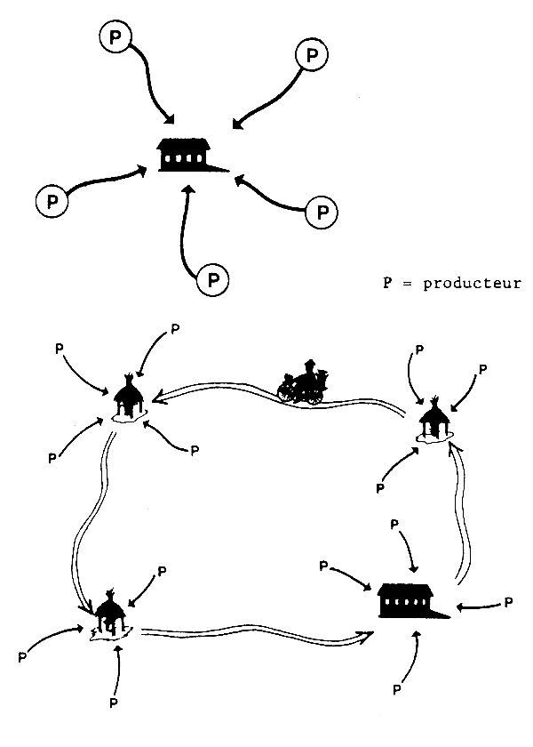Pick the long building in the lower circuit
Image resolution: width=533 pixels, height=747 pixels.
[x=410, y=600]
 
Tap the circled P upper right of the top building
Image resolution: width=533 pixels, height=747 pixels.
[x=310, y=55]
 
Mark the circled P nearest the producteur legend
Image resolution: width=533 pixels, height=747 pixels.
[x=321, y=213]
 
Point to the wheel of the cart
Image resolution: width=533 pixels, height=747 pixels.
[x=290, y=391]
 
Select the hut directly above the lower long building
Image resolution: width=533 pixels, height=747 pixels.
[x=435, y=418]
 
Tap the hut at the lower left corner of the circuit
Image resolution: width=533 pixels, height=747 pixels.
[x=109, y=613]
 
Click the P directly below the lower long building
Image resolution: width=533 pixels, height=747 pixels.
[x=396, y=689]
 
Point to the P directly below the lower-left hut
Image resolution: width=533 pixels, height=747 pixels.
[x=113, y=703]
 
